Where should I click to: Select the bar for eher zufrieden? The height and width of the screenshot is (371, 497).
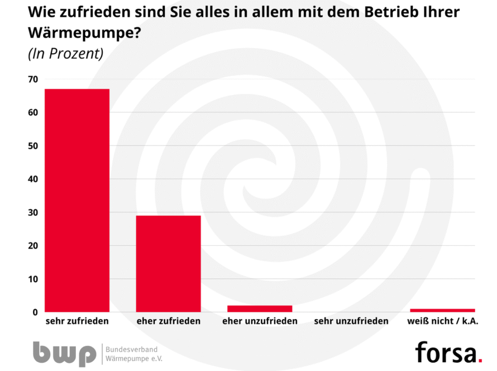pyautogui.click(x=168, y=263)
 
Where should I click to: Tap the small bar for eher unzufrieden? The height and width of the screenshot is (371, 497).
pyautogui.click(x=260, y=308)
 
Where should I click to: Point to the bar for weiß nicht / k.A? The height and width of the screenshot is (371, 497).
pyautogui.click(x=442, y=310)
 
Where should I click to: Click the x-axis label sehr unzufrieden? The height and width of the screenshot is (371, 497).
pyautogui.click(x=351, y=321)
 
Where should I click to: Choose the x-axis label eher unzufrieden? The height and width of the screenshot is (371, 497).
pyautogui.click(x=260, y=321)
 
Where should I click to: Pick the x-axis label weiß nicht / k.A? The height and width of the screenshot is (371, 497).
pyautogui.click(x=442, y=321)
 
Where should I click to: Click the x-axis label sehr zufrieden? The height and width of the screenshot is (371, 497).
pyautogui.click(x=77, y=321)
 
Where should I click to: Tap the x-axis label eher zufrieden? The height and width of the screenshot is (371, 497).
pyautogui.click(x=168, y=321)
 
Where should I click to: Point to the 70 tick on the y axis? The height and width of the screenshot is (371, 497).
pyautogui.click(x=33, y=79)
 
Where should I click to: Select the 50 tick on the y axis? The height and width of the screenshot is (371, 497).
pyautogui.click(x=33, y=146)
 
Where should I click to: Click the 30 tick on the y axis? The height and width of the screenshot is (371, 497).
pyautogui.click(x=33, y=212)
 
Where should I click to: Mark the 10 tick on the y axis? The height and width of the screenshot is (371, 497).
pyautogui.click(x=33, y=279)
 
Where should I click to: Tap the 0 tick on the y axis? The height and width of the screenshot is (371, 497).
pyautogui.click(x=35, y=312)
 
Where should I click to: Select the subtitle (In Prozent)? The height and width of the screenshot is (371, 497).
pyautogui.click(x=65, y=54)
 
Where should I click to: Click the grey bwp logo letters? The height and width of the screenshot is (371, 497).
pyautogui.click(x=64, y=353)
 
